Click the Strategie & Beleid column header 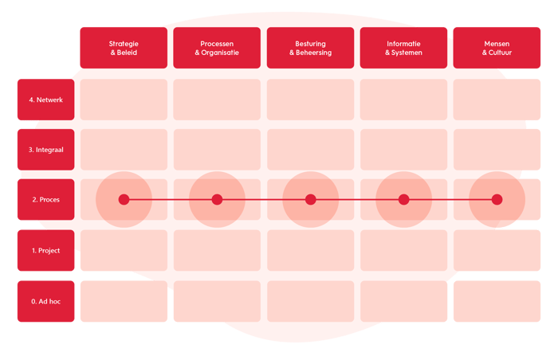[124, 48]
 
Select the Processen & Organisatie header [217, 48]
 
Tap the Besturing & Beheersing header [310, 48]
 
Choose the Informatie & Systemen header [403, 48]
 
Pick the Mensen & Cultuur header [497, 48]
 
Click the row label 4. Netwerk [45, 100]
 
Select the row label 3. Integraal [45, 150]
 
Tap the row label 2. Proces [45, 200]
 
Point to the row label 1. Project [45, 251]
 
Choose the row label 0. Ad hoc [45, 302]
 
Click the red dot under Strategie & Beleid [124, 199]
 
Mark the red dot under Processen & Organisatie [217, 199]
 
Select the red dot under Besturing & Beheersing [310, 199]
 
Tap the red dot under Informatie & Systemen [403, 199]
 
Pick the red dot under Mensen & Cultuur [497, 199]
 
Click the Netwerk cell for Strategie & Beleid [124, 100]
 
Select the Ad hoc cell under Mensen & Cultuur [497, 302]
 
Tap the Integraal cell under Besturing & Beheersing [310, 150]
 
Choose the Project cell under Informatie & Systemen [403, 251]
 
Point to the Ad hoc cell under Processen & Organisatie [217, 302]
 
